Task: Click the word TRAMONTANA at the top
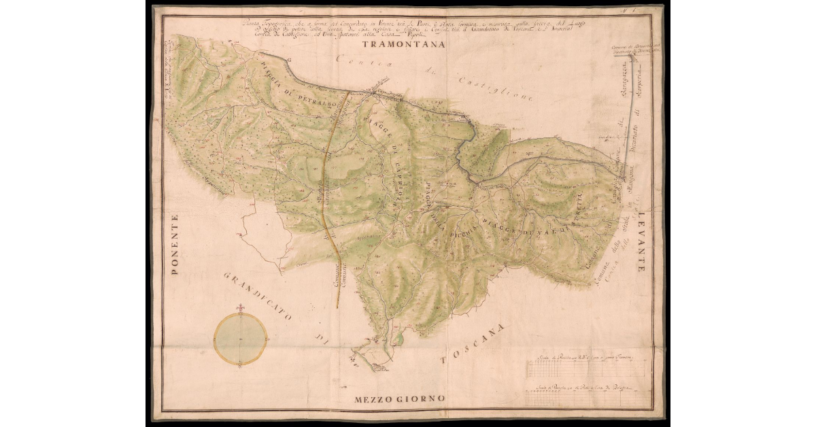[x=403, y=46]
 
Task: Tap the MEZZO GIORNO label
[x=399, y=398]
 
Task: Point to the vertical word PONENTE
[x=175, y=245]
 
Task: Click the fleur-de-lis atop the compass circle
[x=240, y=310]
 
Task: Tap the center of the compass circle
[x=240, y=339]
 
